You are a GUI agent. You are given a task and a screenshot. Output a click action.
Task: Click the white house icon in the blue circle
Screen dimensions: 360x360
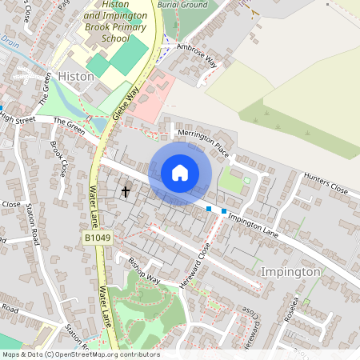pos(180,173)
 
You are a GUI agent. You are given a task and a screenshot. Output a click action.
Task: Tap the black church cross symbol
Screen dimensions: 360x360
pos(125,191)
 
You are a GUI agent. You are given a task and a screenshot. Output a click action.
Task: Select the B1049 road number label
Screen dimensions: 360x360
pos(95,238)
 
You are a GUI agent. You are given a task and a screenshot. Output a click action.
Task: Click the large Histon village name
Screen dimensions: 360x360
pos(77,76)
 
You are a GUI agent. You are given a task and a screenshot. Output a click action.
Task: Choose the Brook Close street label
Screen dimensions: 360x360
pos(59,158)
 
